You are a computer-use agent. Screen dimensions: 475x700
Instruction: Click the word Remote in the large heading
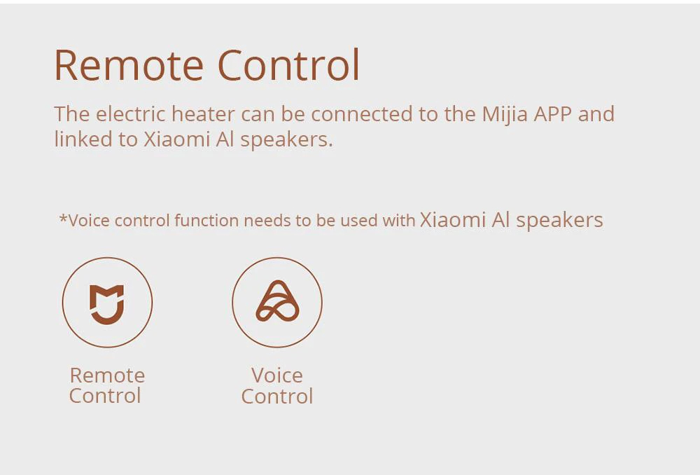point(129,65)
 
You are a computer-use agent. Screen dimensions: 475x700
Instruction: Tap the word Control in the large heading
point(288,65)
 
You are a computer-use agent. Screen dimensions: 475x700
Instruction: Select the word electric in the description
point(131,113)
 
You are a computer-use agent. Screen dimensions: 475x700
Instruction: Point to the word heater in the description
point(203,113)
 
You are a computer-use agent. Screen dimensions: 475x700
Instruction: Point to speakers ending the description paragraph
point(286,140)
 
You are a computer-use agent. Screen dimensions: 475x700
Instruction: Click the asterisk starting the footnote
point(64,219)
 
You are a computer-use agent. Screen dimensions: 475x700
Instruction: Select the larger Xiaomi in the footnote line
point(452,219)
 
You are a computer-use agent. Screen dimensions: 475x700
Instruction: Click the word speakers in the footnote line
point(559,221)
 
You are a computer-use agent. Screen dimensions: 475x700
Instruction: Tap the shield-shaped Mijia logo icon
point(107,303)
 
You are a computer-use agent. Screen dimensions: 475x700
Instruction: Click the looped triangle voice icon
point(277,302)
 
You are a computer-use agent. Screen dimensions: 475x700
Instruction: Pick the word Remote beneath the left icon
point(107,375)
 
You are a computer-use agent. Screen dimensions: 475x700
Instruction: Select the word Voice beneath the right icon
point(277,375)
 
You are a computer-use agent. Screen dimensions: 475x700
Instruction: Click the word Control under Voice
point(277,397)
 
